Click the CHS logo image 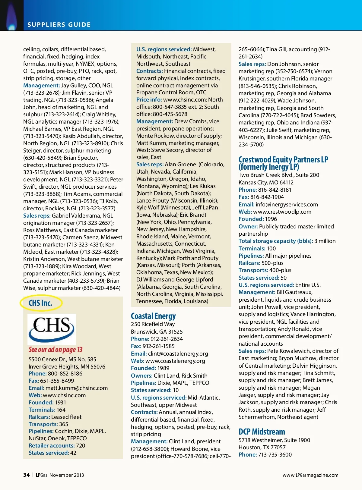(x=52, y=329)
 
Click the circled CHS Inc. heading (x=40, y=303)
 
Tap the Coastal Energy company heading (x=153, y=316)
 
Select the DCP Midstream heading (x=262, y=432)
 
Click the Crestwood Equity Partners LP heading (x=283, y=163)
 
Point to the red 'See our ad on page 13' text (x=56, y=350)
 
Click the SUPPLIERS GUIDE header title (x=59, y=25)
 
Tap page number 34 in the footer (x=26, y=475)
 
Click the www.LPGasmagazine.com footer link (x=310, y=475)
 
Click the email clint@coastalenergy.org (x=178, y=353)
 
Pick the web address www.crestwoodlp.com (x=282, y=212)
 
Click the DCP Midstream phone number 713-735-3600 (x=275, y=454)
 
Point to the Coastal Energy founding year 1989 (x=163, y=368)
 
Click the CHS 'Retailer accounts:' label (x=52, y=445)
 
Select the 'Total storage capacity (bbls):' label (x=276, y=241)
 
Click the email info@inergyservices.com (x=287, y=204)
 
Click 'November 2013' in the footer (x=67, y=475)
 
